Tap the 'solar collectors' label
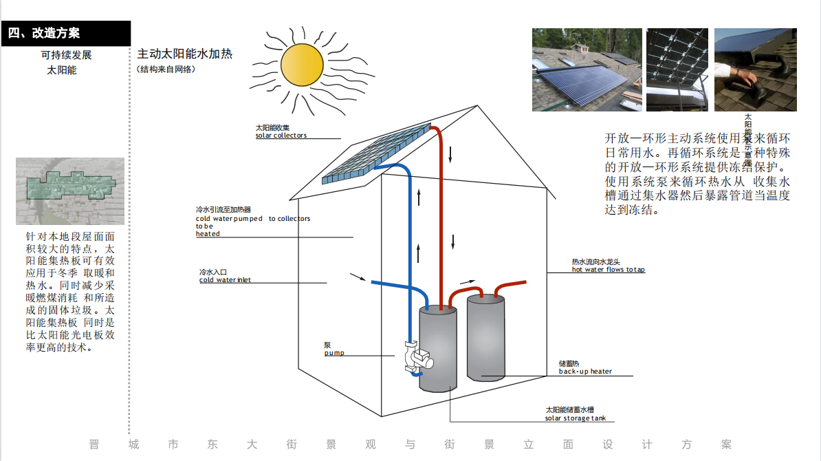click(x=281, y=136)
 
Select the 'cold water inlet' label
click(x=225, y=280)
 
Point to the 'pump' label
click(x=334, y=353)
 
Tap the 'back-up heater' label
click(x=584, y=372)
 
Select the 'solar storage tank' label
click(x=576, y=418)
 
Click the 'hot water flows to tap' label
click(x=608, y=270)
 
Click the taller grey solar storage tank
click(x=438, y=350)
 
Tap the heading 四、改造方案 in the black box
click(x=45, y=33)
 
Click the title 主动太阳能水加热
click(x=184, y=54)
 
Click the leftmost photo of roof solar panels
click(x=587, y=69)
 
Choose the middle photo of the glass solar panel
click(x=678, y=69)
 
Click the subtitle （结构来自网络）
click(x=166, y=69)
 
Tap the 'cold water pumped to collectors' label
click(x=252, y=219)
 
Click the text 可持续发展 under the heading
click(x=66, y=55)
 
